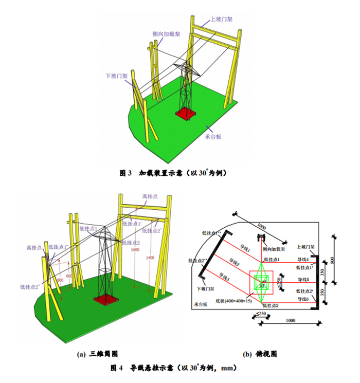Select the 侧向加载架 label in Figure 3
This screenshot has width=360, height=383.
point(166,34)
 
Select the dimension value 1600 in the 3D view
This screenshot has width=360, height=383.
point(135,250)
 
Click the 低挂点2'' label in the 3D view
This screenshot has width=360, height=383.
point(30,286)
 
